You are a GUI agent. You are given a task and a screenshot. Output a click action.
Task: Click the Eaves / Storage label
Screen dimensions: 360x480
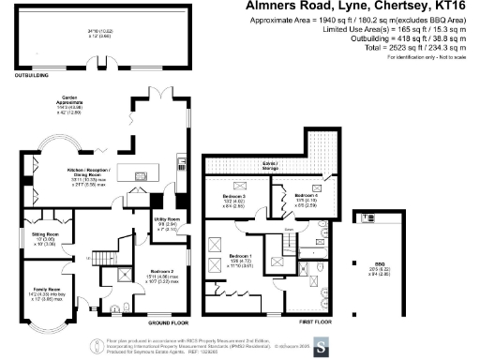(273, 162)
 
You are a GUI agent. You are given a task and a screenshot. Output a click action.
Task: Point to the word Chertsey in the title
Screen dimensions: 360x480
(392, 7)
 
